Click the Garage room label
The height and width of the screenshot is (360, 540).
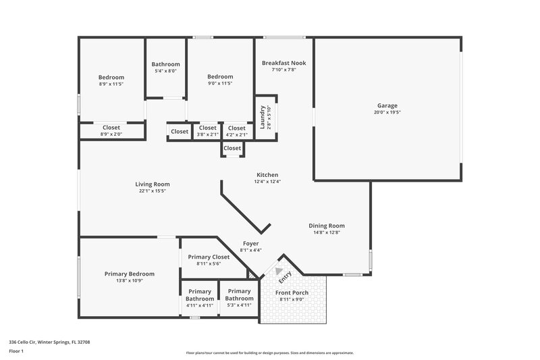[387, 105]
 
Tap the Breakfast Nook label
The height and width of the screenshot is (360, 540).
[283, 63]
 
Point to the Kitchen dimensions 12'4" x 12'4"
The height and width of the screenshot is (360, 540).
[267, 182]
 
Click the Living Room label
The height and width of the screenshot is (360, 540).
[153, 184]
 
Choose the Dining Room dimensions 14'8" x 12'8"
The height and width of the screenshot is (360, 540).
[327, 233]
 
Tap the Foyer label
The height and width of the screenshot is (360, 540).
[250, 243]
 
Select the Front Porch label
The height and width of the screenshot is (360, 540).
[292, 292]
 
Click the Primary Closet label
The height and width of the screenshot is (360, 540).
[209, 257]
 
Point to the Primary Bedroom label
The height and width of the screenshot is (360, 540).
[129, 274]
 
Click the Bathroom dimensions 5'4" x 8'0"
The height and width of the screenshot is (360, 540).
[165, 71]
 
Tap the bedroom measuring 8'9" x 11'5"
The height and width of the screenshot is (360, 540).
[111, 80]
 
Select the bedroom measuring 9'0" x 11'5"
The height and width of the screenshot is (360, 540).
[220, 80]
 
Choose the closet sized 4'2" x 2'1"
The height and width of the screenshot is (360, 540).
[236, 131]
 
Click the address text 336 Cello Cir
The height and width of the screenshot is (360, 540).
[49, 342]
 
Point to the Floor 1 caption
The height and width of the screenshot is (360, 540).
[16, 351]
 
